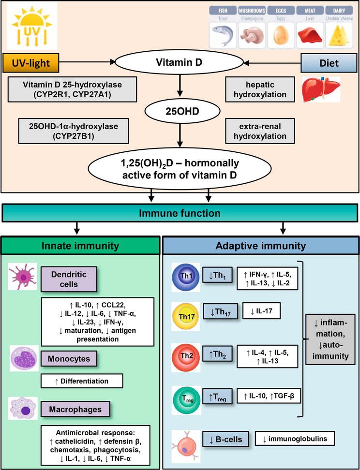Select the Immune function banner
click(x=180, y=213)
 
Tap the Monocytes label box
click(x=74, y=359)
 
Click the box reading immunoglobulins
click(x=295, y=438)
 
